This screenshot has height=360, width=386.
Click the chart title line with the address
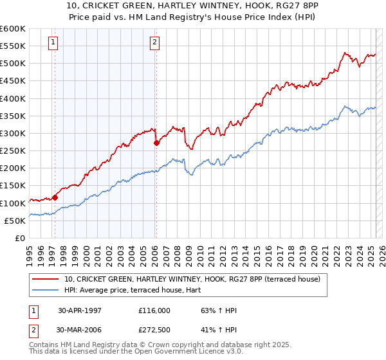click(x=193, y=5)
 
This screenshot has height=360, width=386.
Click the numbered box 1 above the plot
click(x=52, y=43)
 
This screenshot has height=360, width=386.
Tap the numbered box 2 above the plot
click(x=155, y=43)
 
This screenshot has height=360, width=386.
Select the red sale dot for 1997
click(x=55, y=197)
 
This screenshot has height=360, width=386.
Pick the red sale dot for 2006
click(x=156, y=143)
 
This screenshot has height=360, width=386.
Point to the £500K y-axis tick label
click(x=13, y=64)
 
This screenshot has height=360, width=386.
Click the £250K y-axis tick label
click(x=13, y=151)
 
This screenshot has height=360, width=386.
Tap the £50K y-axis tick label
click(x=15, y=221)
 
